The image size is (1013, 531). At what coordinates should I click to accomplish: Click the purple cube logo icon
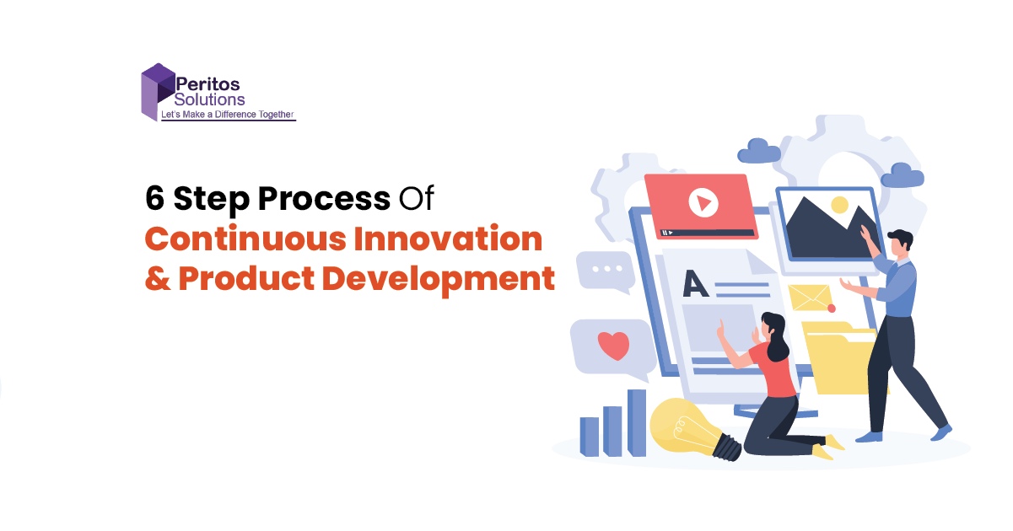158,92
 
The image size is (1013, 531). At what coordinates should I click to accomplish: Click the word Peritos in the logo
207,84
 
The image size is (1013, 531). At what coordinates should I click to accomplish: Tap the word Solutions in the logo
209,99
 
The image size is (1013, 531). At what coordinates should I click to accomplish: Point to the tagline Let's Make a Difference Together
228,115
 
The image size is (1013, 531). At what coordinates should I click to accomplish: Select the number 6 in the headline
154,198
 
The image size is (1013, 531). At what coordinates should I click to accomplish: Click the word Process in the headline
324,198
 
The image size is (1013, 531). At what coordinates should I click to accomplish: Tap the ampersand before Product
158,278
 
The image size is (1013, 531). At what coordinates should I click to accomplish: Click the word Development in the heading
439,280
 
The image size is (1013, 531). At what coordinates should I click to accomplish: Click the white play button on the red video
703,202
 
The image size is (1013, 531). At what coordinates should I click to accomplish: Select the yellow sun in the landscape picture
839,205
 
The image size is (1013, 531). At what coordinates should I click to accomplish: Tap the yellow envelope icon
811,298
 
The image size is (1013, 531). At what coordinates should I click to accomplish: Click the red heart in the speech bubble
614,346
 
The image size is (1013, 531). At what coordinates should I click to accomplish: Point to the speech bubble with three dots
605,271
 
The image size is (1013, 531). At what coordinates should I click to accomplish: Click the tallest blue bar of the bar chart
637,422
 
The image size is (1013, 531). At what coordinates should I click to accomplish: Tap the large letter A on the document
695,283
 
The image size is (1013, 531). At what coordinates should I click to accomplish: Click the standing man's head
900,246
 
